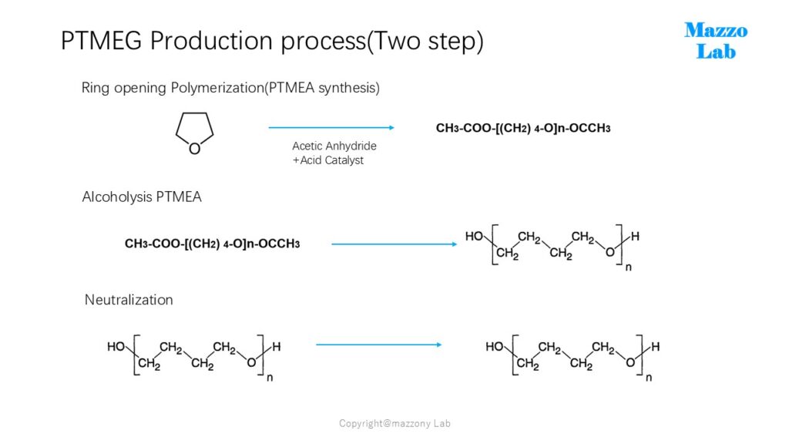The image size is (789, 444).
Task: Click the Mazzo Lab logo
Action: (716, 41)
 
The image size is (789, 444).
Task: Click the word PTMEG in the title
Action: (102, 41)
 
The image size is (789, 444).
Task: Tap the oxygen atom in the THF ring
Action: (195, 149)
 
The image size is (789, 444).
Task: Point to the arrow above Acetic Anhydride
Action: (331, 128)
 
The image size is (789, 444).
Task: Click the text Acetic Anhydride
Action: (334, 146)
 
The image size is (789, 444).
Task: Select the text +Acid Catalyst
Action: (328, 160)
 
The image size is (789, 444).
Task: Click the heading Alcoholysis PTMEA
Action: (142, 197)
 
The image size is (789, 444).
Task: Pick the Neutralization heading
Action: (129, 300)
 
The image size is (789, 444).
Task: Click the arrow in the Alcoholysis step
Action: (394, 244)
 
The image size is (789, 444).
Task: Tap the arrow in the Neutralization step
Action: (379, 345)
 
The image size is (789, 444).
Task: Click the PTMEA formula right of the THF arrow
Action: (523, 129)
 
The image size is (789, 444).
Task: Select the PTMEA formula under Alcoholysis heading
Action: (213, 244)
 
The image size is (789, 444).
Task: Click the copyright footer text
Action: (394, 423)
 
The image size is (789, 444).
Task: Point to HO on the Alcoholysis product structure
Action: (474, 236)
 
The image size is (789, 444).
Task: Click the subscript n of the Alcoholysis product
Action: (629, 267)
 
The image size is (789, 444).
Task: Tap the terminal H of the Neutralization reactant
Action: (277, 347)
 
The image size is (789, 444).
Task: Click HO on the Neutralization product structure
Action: (495, 347)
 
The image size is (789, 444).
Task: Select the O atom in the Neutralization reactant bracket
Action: (251, 362)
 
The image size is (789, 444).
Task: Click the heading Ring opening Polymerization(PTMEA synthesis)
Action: (230, 88)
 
